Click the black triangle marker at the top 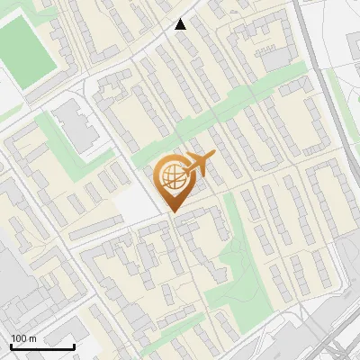181,24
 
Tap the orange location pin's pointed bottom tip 171,212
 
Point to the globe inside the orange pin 170,176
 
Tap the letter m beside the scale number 31,338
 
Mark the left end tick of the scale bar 11,346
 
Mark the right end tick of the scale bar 74,346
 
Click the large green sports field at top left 26,50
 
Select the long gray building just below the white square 99,232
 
